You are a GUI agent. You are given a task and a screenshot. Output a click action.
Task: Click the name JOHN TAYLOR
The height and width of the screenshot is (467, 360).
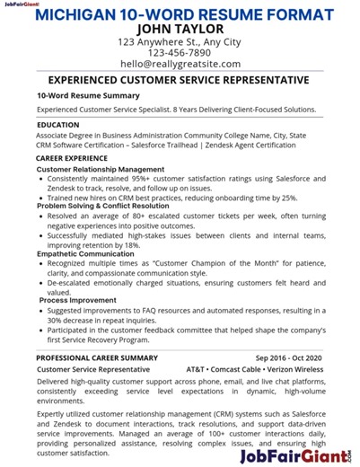pos(180,28)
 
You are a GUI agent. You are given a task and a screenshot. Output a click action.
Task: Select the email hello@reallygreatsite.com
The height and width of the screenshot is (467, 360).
pos(180,64)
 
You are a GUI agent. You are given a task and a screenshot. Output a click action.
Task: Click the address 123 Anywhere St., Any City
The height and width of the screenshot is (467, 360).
pos(180,41)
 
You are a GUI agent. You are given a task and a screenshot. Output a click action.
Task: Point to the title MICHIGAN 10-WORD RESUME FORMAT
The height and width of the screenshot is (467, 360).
pos(180,14)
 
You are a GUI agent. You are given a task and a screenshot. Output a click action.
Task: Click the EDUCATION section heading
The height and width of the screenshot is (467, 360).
pos(58,125)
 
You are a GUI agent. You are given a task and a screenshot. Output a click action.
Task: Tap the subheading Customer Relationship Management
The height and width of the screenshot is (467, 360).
pos(101,169)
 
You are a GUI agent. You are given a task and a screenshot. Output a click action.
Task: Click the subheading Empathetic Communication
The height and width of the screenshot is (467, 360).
pos(85,253)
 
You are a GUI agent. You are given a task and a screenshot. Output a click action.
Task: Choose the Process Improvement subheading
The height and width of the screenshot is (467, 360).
pos(77,300)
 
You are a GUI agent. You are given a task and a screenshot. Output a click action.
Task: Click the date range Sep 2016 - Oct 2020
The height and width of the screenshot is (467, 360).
pos(288,357)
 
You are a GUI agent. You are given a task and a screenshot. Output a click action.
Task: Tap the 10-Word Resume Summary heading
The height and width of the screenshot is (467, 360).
pos(89,94)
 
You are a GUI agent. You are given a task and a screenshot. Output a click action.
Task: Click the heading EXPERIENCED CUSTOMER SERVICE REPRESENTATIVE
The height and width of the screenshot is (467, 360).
pos(180,80)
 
